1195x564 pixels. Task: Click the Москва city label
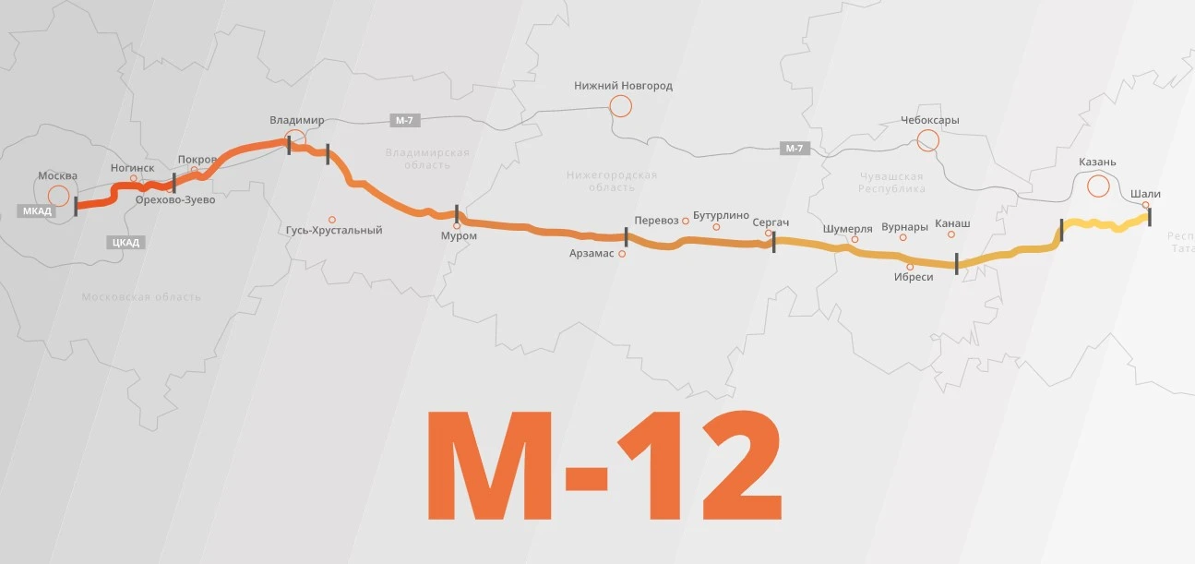point(57,175)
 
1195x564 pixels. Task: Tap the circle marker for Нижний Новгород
point(620,106)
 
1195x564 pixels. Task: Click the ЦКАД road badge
point(125,243)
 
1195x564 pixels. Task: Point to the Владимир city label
point(297,121)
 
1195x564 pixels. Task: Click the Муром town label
point(459,236)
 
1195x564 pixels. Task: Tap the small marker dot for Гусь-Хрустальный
point(332,220)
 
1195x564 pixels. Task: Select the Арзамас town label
point(592,253)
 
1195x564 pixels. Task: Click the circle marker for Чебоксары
point(928,140)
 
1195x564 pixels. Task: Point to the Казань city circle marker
point(1098,186)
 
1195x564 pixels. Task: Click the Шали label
point(1145,194)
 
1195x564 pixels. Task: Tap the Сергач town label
point(771,222)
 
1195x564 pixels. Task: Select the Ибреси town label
point(914,277)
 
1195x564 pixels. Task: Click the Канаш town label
point(952,223)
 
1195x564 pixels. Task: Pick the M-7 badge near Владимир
point(403,121)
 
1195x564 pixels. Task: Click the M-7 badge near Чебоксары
point(794,148)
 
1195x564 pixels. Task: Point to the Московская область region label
point(140,297)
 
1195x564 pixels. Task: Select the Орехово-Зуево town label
point(174,199)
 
